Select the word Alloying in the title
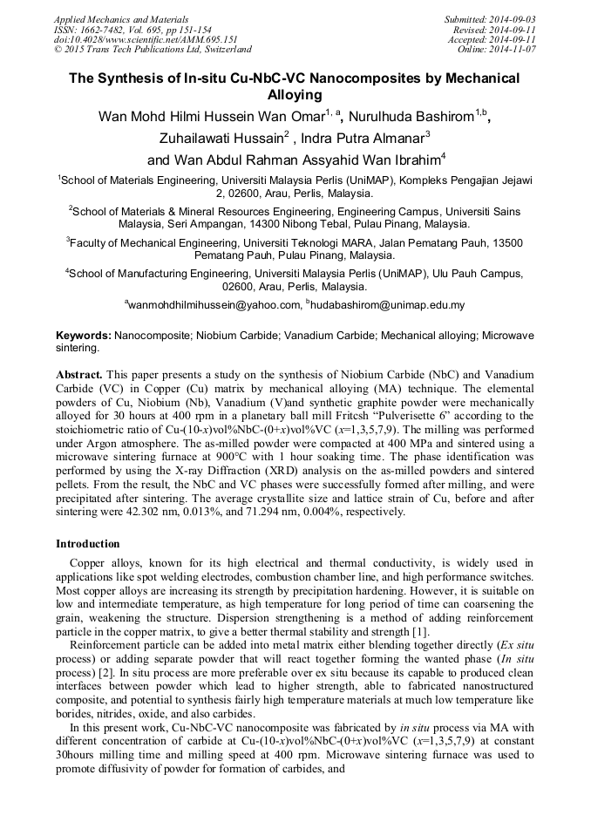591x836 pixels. coord(295,95)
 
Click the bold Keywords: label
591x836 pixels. coord(84,335)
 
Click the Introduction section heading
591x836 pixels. coord(88,544)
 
